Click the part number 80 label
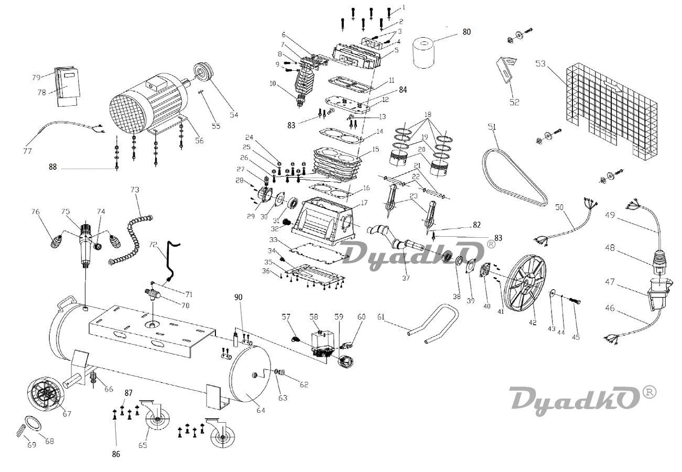467,32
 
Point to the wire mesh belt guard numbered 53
611,112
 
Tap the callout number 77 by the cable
27,151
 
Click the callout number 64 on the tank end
261,410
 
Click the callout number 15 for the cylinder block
376,149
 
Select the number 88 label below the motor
52,167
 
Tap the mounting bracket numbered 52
506,69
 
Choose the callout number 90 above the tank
239,297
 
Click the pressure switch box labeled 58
323,343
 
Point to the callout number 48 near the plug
610,248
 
